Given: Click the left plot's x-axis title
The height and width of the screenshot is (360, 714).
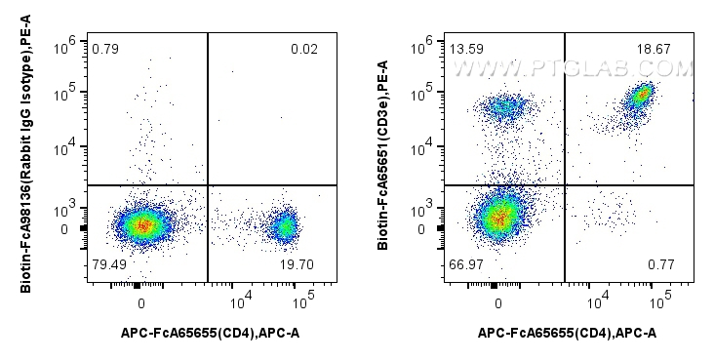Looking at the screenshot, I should coord(211,334).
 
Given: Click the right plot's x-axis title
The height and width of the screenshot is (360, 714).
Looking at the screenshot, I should coord(567,334).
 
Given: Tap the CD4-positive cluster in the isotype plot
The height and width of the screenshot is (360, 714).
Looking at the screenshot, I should coord(284,227).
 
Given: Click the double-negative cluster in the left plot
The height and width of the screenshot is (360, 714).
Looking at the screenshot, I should coord(141,225).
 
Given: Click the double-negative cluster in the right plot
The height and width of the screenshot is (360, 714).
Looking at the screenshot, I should coord(498,217).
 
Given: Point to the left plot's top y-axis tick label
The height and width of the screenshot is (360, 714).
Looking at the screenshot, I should coord(69,42).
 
